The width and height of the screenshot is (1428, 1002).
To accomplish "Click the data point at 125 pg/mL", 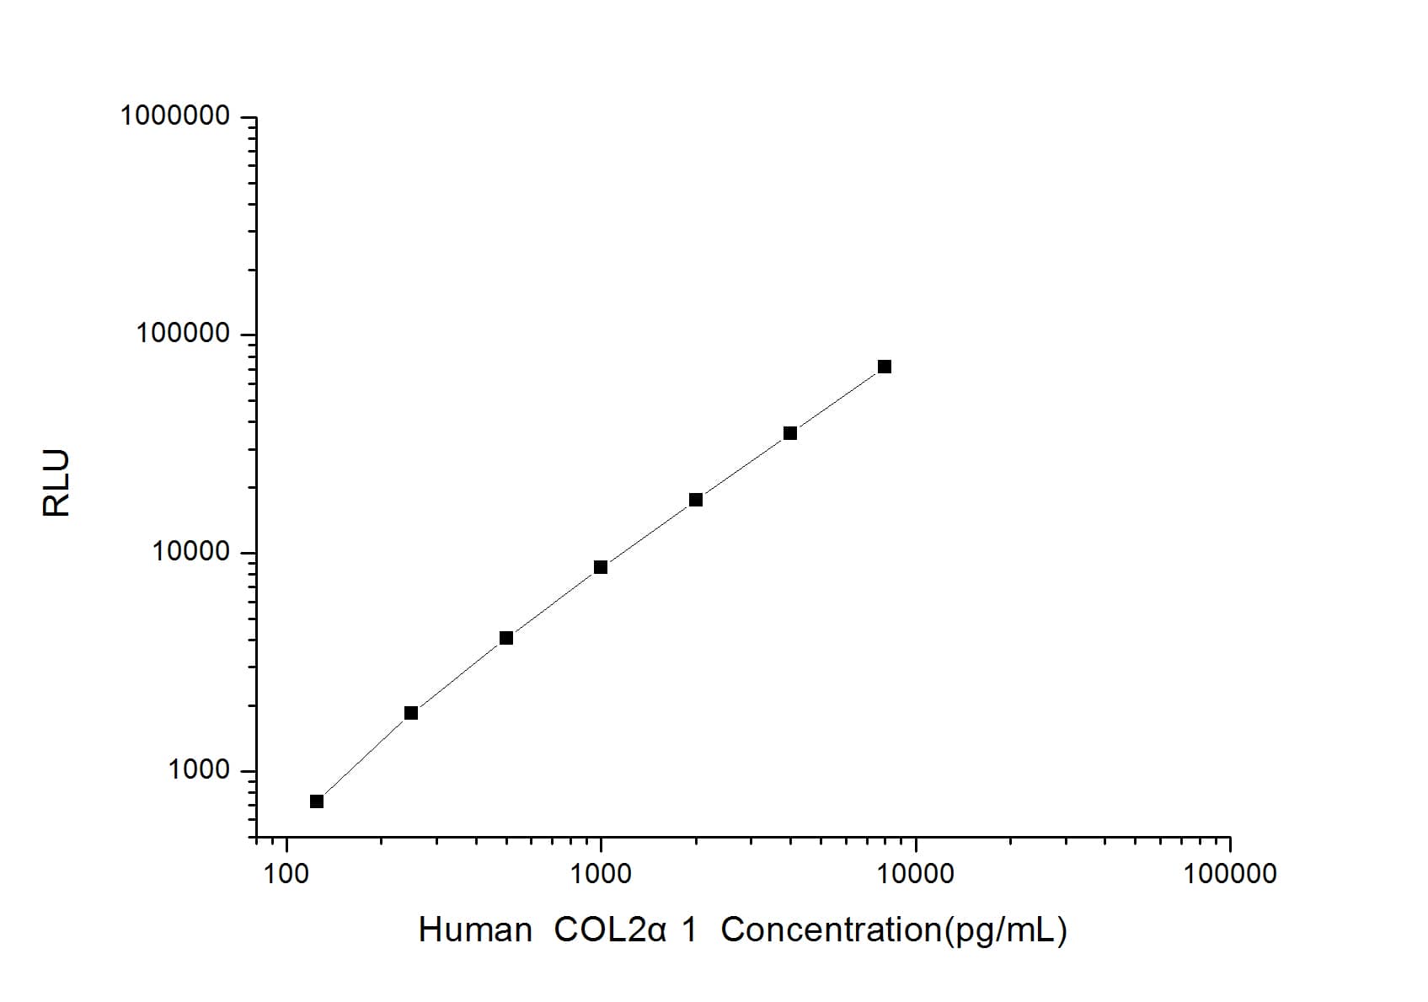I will [317, 801].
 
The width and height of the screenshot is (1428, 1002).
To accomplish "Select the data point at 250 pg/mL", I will [411, 713].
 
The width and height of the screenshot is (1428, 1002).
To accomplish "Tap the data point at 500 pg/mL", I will [506, 638].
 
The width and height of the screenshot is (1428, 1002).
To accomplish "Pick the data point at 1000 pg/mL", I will [601, 567].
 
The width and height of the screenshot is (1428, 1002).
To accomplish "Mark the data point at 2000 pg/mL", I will [696, 500].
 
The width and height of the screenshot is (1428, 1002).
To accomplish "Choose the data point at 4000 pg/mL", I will [790, 433].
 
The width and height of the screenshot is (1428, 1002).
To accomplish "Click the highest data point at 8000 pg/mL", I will [885, 367].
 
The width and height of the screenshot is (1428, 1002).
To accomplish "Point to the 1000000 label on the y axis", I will [175, 115].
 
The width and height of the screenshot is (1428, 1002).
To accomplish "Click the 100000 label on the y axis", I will [183, 334].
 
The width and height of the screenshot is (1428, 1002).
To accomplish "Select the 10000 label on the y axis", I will [191, 552].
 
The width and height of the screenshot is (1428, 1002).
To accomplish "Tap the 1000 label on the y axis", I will [199, 770].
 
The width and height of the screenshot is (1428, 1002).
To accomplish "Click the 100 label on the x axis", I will [286, 874].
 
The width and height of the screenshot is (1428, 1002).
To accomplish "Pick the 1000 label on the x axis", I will [601, 874].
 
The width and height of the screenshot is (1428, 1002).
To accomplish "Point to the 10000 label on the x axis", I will [915, 874].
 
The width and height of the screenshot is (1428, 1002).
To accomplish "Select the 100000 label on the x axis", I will [1229, 874].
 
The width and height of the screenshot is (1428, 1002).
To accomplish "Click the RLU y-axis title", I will [56, 483].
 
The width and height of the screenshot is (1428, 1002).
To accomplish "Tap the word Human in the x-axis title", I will [474, 930].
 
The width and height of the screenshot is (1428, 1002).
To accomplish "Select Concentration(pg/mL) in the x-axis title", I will [894, 930].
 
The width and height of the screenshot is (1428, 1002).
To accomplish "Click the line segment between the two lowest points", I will [364, 757].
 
